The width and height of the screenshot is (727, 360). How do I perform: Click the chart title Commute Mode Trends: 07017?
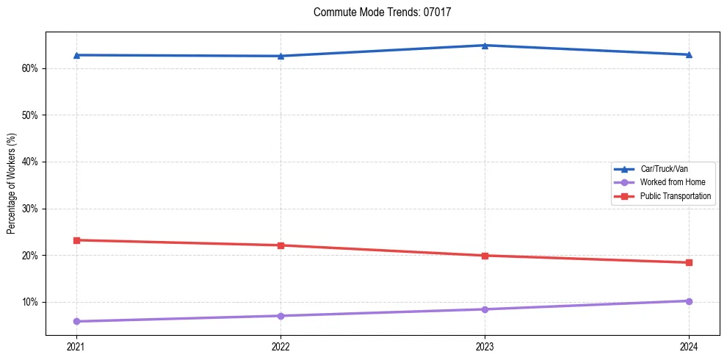382,12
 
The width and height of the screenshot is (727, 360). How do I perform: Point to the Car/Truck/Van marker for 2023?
485,46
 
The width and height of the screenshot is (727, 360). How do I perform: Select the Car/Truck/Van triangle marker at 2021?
76,55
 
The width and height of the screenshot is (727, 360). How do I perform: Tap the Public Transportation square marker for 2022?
281,245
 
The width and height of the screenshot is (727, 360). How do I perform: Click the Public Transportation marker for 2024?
689,262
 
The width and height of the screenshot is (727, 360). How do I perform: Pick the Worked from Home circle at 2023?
485,309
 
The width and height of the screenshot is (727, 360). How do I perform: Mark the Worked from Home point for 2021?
76,321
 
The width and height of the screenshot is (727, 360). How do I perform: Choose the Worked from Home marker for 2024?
689,301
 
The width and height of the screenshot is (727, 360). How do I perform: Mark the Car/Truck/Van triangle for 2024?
689,54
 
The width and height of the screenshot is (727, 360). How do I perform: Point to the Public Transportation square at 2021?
76,240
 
